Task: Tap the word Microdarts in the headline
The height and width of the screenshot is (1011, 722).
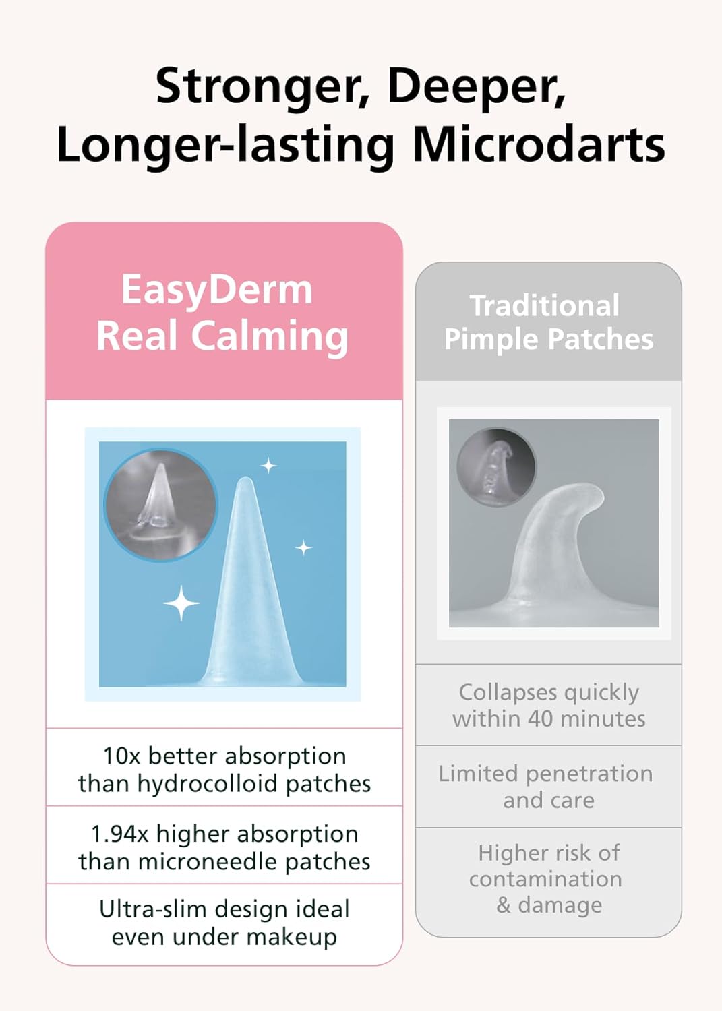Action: [x=538, y=145]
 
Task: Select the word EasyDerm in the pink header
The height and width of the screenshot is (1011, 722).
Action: [x=217, y=290]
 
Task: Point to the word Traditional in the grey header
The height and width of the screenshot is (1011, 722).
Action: [x=545, y=305]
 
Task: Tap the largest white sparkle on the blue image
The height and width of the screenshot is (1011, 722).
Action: [x=181, y=603]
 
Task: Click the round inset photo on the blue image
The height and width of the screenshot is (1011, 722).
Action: [x=160, y=504]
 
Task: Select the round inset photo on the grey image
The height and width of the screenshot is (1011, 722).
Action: [x=496, y=466]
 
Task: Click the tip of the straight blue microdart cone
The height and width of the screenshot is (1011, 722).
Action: [x=246, y=480]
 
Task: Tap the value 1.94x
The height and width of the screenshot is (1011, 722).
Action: [x=119, y=834]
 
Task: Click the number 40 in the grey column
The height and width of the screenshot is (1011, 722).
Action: [x=540, y=719]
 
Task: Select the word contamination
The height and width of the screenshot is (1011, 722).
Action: [x=545, y=879]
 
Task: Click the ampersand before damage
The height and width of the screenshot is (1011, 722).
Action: [x=504, y=905]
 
